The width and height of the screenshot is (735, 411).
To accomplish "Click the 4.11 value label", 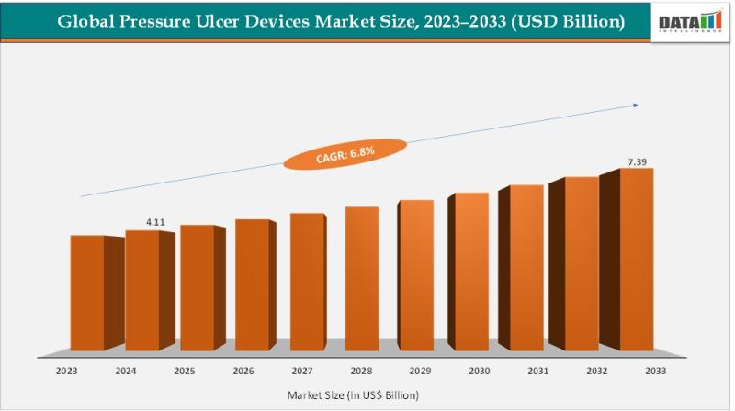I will [155, 222].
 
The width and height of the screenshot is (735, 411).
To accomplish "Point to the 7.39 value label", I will [637, 161].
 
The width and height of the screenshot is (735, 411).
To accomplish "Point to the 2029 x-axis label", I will [419, 372].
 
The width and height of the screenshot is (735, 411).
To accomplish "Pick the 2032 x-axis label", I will [597, 372].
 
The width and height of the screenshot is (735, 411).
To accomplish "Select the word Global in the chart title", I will [87, 20].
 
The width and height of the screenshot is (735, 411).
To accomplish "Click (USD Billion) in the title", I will [567, 20].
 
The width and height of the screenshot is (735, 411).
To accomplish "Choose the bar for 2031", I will [527, 268].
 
